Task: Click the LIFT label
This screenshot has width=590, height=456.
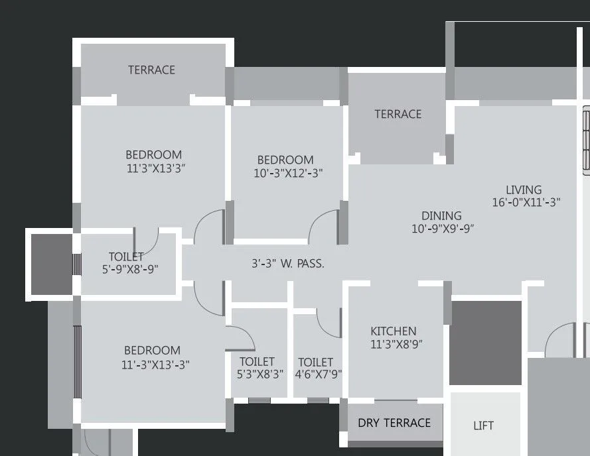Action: coord(483,426)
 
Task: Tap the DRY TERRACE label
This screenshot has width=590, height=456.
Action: coord(394,423)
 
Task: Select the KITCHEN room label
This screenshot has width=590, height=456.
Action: coord(394,331)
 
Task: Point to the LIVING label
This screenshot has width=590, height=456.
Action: coord(524,190)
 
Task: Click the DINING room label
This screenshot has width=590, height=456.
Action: coord(441,215)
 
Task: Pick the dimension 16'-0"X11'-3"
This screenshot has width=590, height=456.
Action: coord(526,203)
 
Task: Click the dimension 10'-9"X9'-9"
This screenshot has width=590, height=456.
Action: coord(443,229)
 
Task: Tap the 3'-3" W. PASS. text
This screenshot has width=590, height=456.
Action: coord(288,263)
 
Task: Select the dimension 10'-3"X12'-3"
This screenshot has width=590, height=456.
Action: coord(289,173)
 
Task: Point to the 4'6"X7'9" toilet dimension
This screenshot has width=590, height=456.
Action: coord(319,374)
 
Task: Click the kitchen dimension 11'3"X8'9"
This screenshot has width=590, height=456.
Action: coord(396,344)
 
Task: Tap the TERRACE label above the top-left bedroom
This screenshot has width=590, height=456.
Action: coord(151,70)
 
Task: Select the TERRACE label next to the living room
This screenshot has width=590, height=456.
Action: coord(398,114)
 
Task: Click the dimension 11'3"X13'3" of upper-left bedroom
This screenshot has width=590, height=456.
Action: coord(155,168)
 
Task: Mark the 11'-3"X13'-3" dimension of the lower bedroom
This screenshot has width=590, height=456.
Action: coord(155,364)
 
